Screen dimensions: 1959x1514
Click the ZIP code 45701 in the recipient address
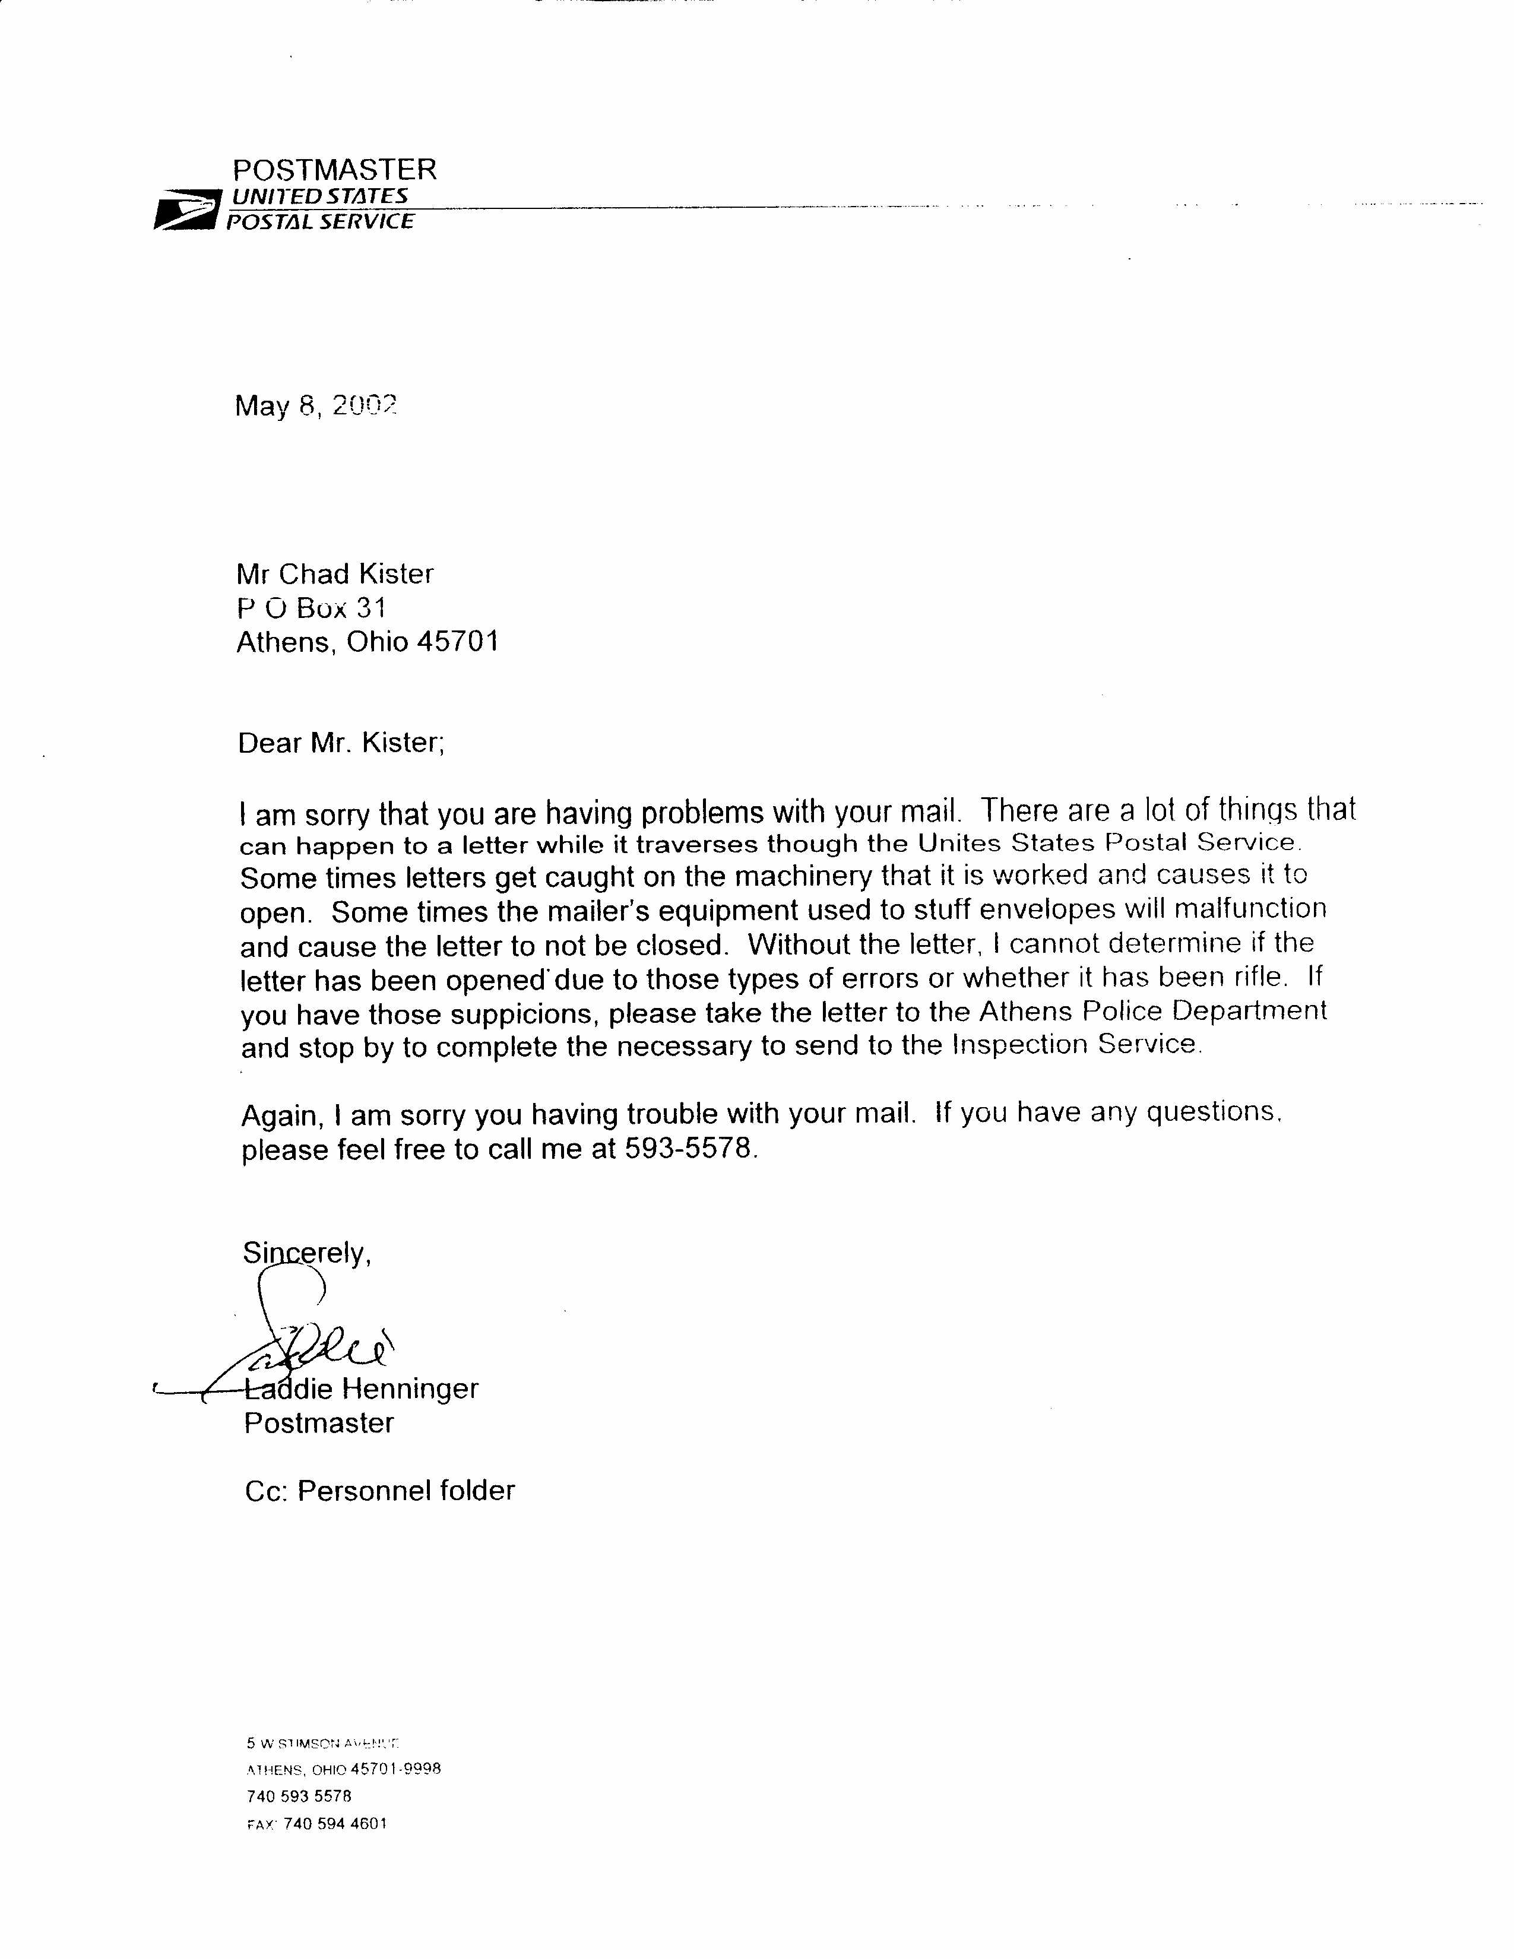click(x=457, y=642)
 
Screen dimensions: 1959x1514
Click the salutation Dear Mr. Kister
click(x=341, y=743)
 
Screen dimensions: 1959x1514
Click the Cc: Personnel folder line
click(x=379, y=1491)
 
